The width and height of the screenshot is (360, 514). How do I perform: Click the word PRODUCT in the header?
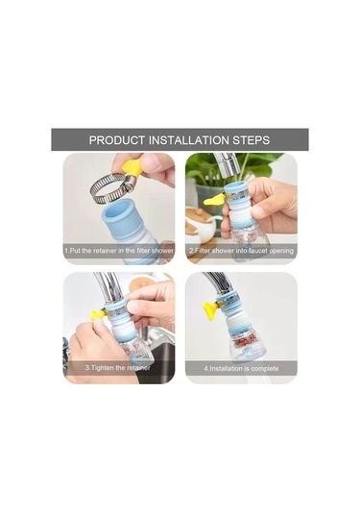(x=116, y=140)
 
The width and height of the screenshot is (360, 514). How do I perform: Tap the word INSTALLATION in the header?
(x=189, y=140)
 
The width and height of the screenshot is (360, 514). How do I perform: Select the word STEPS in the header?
(x=251, y=140)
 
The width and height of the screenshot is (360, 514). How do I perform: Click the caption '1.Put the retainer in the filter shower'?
(x=119, y=251)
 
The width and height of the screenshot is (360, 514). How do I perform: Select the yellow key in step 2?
(x=214, y=200)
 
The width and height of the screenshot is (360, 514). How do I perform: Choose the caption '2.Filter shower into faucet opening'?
(x=241, y=251)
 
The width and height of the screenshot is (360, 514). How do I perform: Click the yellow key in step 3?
(x=98, y=315)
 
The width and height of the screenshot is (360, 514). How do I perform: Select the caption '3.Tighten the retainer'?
(x=117, y=368)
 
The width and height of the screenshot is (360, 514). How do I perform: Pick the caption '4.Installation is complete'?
(x=241, y=369)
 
